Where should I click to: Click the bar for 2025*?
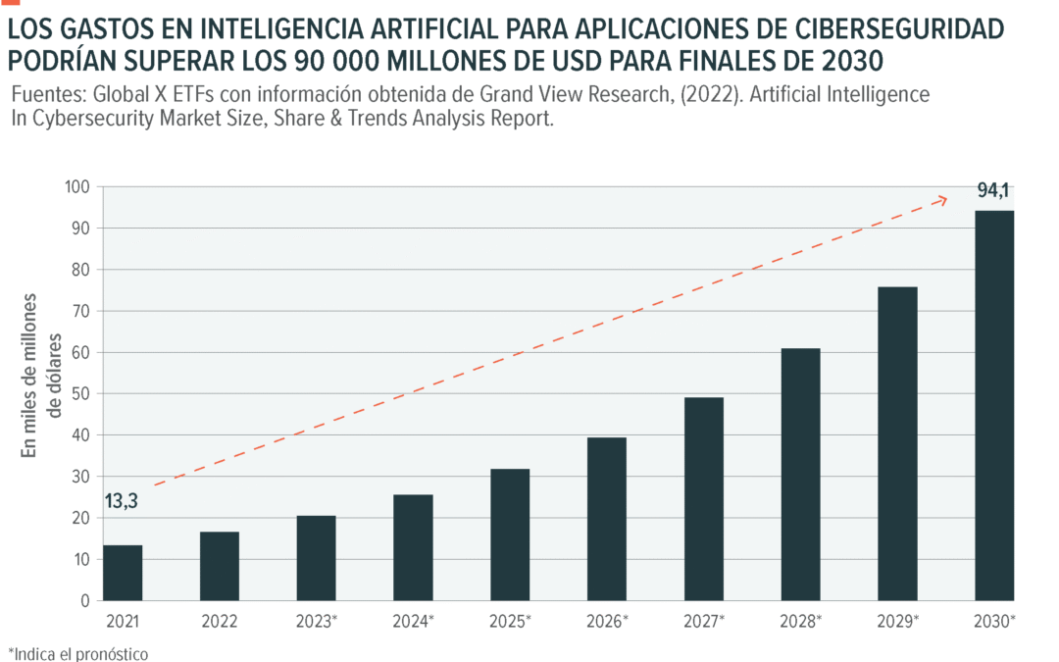point(510,535)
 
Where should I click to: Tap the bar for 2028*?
point(800,475)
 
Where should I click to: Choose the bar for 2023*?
point(317,558)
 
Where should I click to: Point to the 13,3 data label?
point(121,502)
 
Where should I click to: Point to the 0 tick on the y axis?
point(83,600)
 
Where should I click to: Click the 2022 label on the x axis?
point(220,621)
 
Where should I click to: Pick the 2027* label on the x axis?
point(704,621)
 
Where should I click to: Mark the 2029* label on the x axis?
point(897,621)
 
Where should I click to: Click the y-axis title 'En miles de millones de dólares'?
point(44,374)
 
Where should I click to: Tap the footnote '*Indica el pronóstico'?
point(78,653)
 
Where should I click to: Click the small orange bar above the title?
point(10,3)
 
